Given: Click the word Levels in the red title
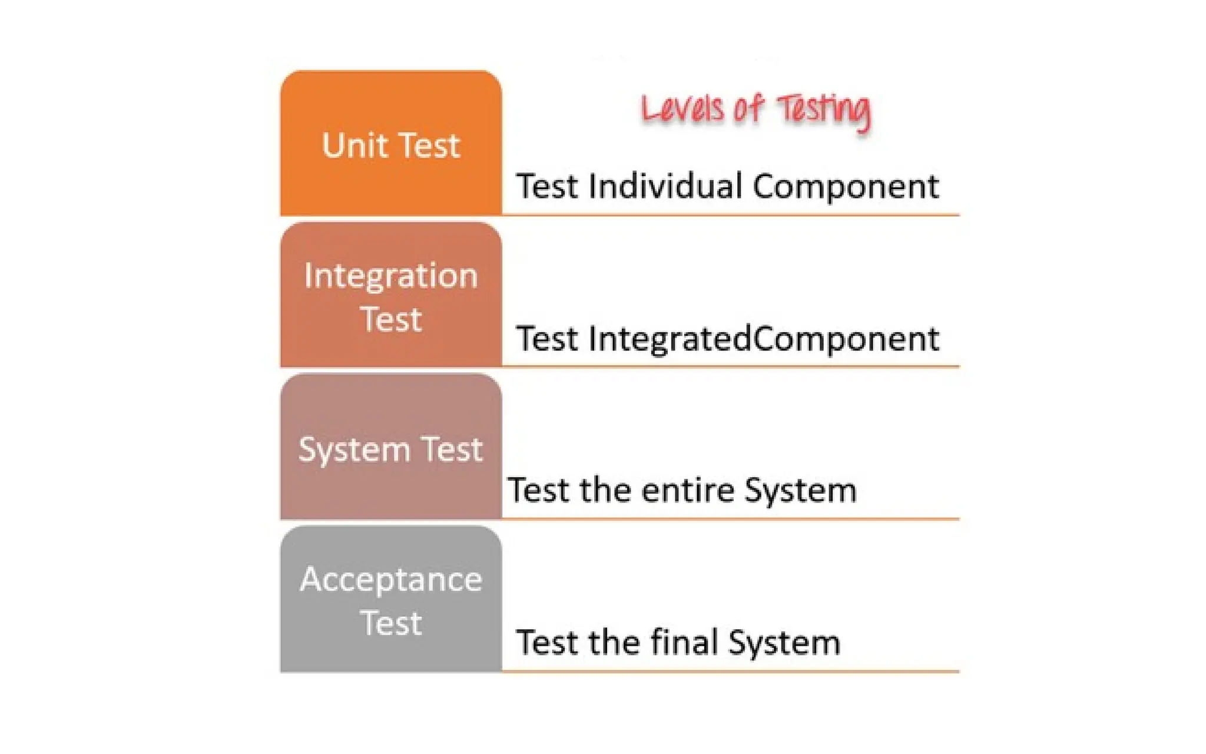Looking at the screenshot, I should [x=682, y=110].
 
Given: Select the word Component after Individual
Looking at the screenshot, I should [x=846, y=187].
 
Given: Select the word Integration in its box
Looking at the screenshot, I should [x=391, y=276].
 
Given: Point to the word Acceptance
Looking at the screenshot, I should [x=391, y=580].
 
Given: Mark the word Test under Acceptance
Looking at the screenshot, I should [x=391, y=623].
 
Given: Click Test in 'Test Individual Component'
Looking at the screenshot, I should [x=547, y=186].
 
